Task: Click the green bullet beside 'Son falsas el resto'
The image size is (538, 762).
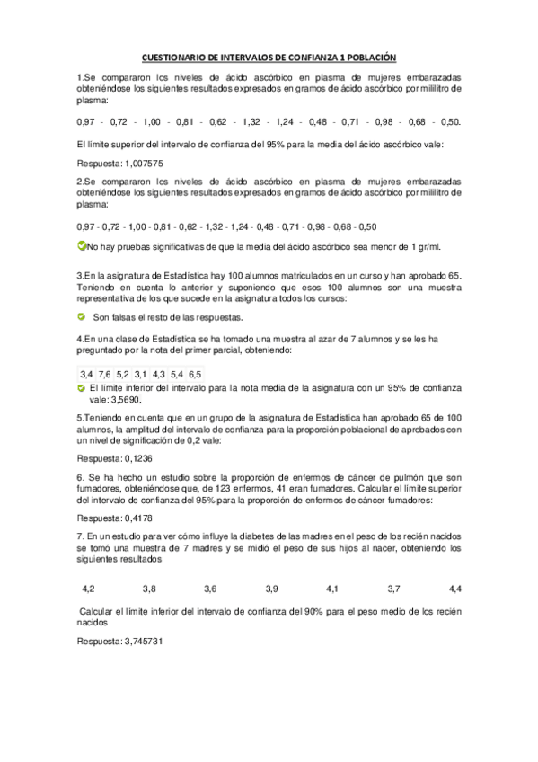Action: pos(83,316)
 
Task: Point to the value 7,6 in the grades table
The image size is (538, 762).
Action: pos(104,373)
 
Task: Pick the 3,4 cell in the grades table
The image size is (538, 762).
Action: pos(86,373)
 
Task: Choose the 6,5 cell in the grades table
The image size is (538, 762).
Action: pos(195,373)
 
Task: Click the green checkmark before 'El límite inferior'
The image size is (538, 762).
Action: pos(82,386)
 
